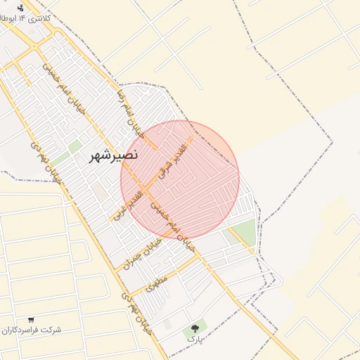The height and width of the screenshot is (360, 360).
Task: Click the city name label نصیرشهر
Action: point(114,155)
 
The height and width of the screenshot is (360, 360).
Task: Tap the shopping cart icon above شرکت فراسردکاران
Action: point(31,319)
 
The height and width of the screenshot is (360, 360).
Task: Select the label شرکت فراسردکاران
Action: point(31,330)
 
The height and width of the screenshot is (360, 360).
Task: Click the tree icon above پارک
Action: point(195,328)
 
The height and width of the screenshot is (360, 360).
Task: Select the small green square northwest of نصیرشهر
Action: point(75,146)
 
